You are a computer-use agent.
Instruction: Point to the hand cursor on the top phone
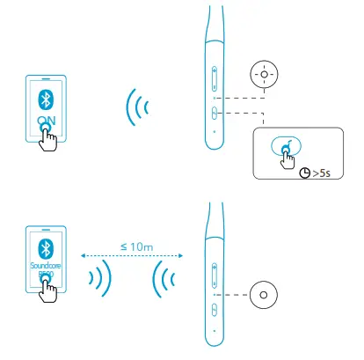pos(51,136)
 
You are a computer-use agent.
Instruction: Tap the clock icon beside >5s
pos(303,173)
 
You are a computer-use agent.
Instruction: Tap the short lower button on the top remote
pos(214,111)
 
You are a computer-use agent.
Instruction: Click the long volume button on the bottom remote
pos(214,275)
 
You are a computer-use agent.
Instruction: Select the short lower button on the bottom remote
pos(214,309)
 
